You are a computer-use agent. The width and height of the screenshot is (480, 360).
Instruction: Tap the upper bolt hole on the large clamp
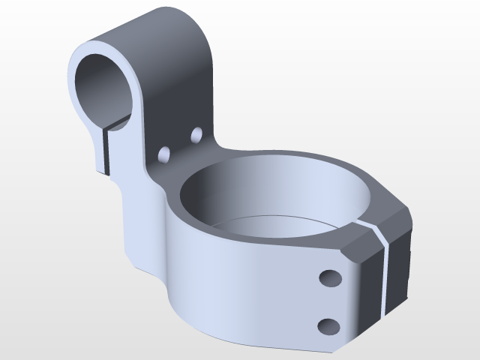(x=329, y=278)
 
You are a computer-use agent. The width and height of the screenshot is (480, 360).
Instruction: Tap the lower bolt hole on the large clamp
(x=328, y=325)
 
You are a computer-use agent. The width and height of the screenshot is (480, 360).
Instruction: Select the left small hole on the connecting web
(x=163, y=154)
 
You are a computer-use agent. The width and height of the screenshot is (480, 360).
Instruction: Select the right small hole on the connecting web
(x=197, y=134)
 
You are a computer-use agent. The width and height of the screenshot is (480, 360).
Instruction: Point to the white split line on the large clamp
(x=385, y=270)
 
